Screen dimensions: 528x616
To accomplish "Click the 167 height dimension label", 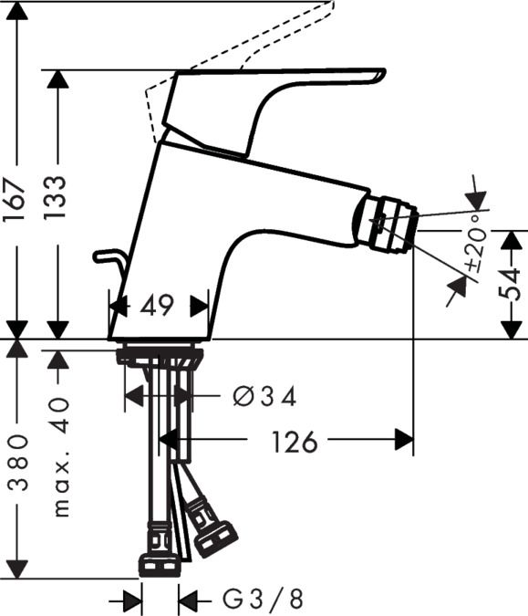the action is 16,199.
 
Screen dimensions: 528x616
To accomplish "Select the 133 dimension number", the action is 56,197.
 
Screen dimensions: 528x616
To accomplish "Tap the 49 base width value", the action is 157,306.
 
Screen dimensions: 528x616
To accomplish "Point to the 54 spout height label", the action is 510,284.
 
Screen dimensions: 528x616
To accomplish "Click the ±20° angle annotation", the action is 477,243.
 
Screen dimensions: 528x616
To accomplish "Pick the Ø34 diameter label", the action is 264,396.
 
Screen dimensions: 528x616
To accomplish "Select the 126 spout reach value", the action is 295,442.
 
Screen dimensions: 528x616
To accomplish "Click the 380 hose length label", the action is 18,462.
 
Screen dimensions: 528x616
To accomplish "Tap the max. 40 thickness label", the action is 61,457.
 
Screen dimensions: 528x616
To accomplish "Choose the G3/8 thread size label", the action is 263,599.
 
